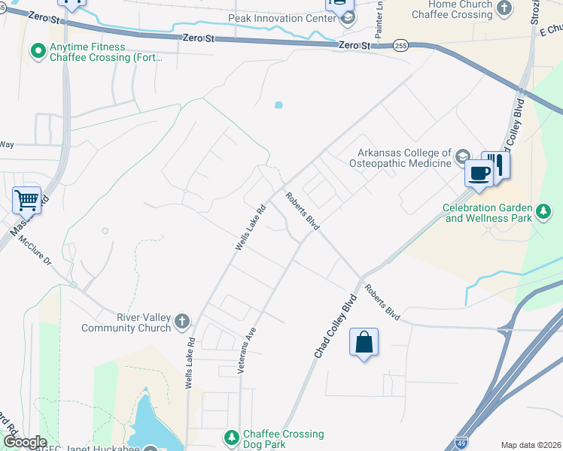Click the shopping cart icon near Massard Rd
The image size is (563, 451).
click(26, 201)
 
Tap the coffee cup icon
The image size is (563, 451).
click(479, 174)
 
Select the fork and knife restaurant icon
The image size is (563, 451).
click(497, 165)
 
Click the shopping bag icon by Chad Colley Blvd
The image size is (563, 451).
click(364, 343)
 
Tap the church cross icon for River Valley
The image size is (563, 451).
click(181, 322)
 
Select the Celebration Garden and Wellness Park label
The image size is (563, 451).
click(487, 213)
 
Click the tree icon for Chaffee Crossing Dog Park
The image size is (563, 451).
click(233, 437)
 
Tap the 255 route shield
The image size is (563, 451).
click(401, 46)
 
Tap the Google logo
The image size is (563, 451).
click(25, 442)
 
